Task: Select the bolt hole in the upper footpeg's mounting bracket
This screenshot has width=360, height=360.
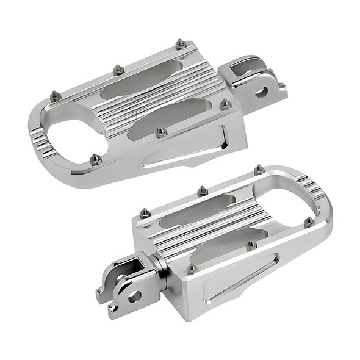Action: click(261, 92)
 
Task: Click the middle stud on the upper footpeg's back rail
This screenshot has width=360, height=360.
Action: click(118, 70)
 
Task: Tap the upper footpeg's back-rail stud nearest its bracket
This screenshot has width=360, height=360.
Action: click(181, 44)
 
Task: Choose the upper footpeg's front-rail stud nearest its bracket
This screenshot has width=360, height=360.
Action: click(225, 104)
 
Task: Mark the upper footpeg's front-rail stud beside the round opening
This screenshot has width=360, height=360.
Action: click(95, 159)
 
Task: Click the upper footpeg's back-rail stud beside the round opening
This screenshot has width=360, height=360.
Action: click(55, 96)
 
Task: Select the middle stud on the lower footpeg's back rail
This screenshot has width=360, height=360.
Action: click(202, 191)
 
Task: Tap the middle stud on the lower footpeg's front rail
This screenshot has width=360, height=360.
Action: click(251, 245)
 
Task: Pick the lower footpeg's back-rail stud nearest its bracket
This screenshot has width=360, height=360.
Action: click(145, 214)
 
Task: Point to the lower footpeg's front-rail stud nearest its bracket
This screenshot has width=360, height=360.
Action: click(192, 267)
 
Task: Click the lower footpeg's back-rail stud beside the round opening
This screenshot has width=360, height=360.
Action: click(259, 168)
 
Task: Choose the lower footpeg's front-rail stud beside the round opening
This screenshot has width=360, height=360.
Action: click(309, 221)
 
